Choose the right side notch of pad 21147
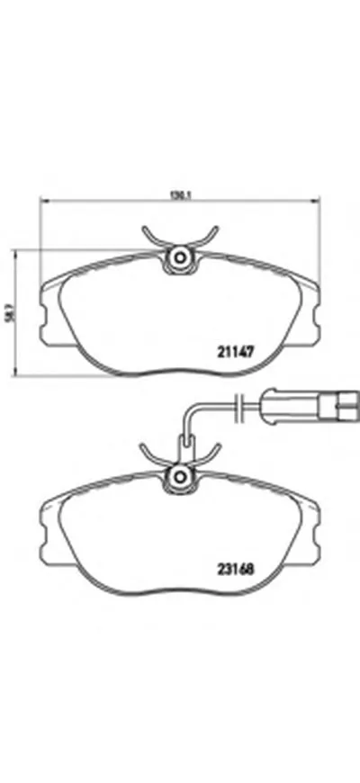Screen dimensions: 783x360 click(x=315, y=315)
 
